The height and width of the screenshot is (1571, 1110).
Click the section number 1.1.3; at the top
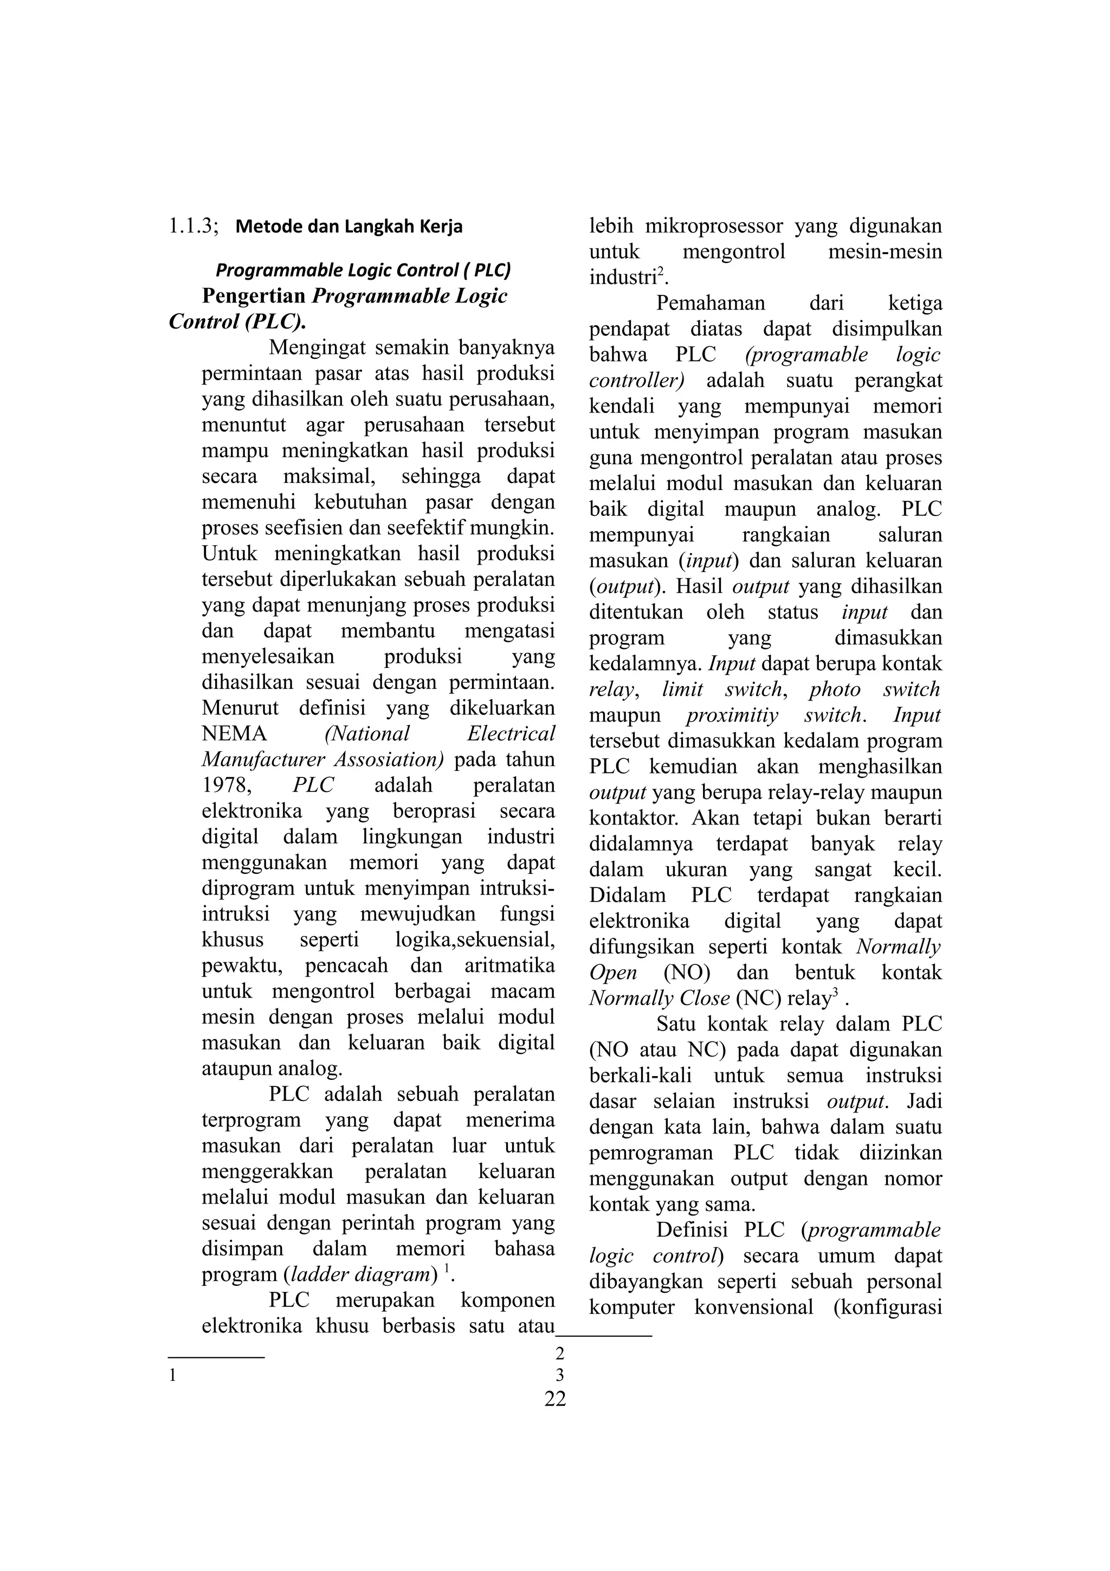coord(193,226)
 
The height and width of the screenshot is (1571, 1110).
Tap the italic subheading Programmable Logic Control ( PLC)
coord(363,271)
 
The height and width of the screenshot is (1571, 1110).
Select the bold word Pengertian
coord(254,297)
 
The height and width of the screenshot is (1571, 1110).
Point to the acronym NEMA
coord(234,733)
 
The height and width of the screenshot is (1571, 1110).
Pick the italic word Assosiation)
coord(389,759)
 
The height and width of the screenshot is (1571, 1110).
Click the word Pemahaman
coord(711,303)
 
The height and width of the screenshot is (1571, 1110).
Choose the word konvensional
coord(754,1307)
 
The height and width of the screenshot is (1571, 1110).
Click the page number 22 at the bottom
coord(556,1399)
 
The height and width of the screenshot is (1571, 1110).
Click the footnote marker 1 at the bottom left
coord(173,1375)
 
